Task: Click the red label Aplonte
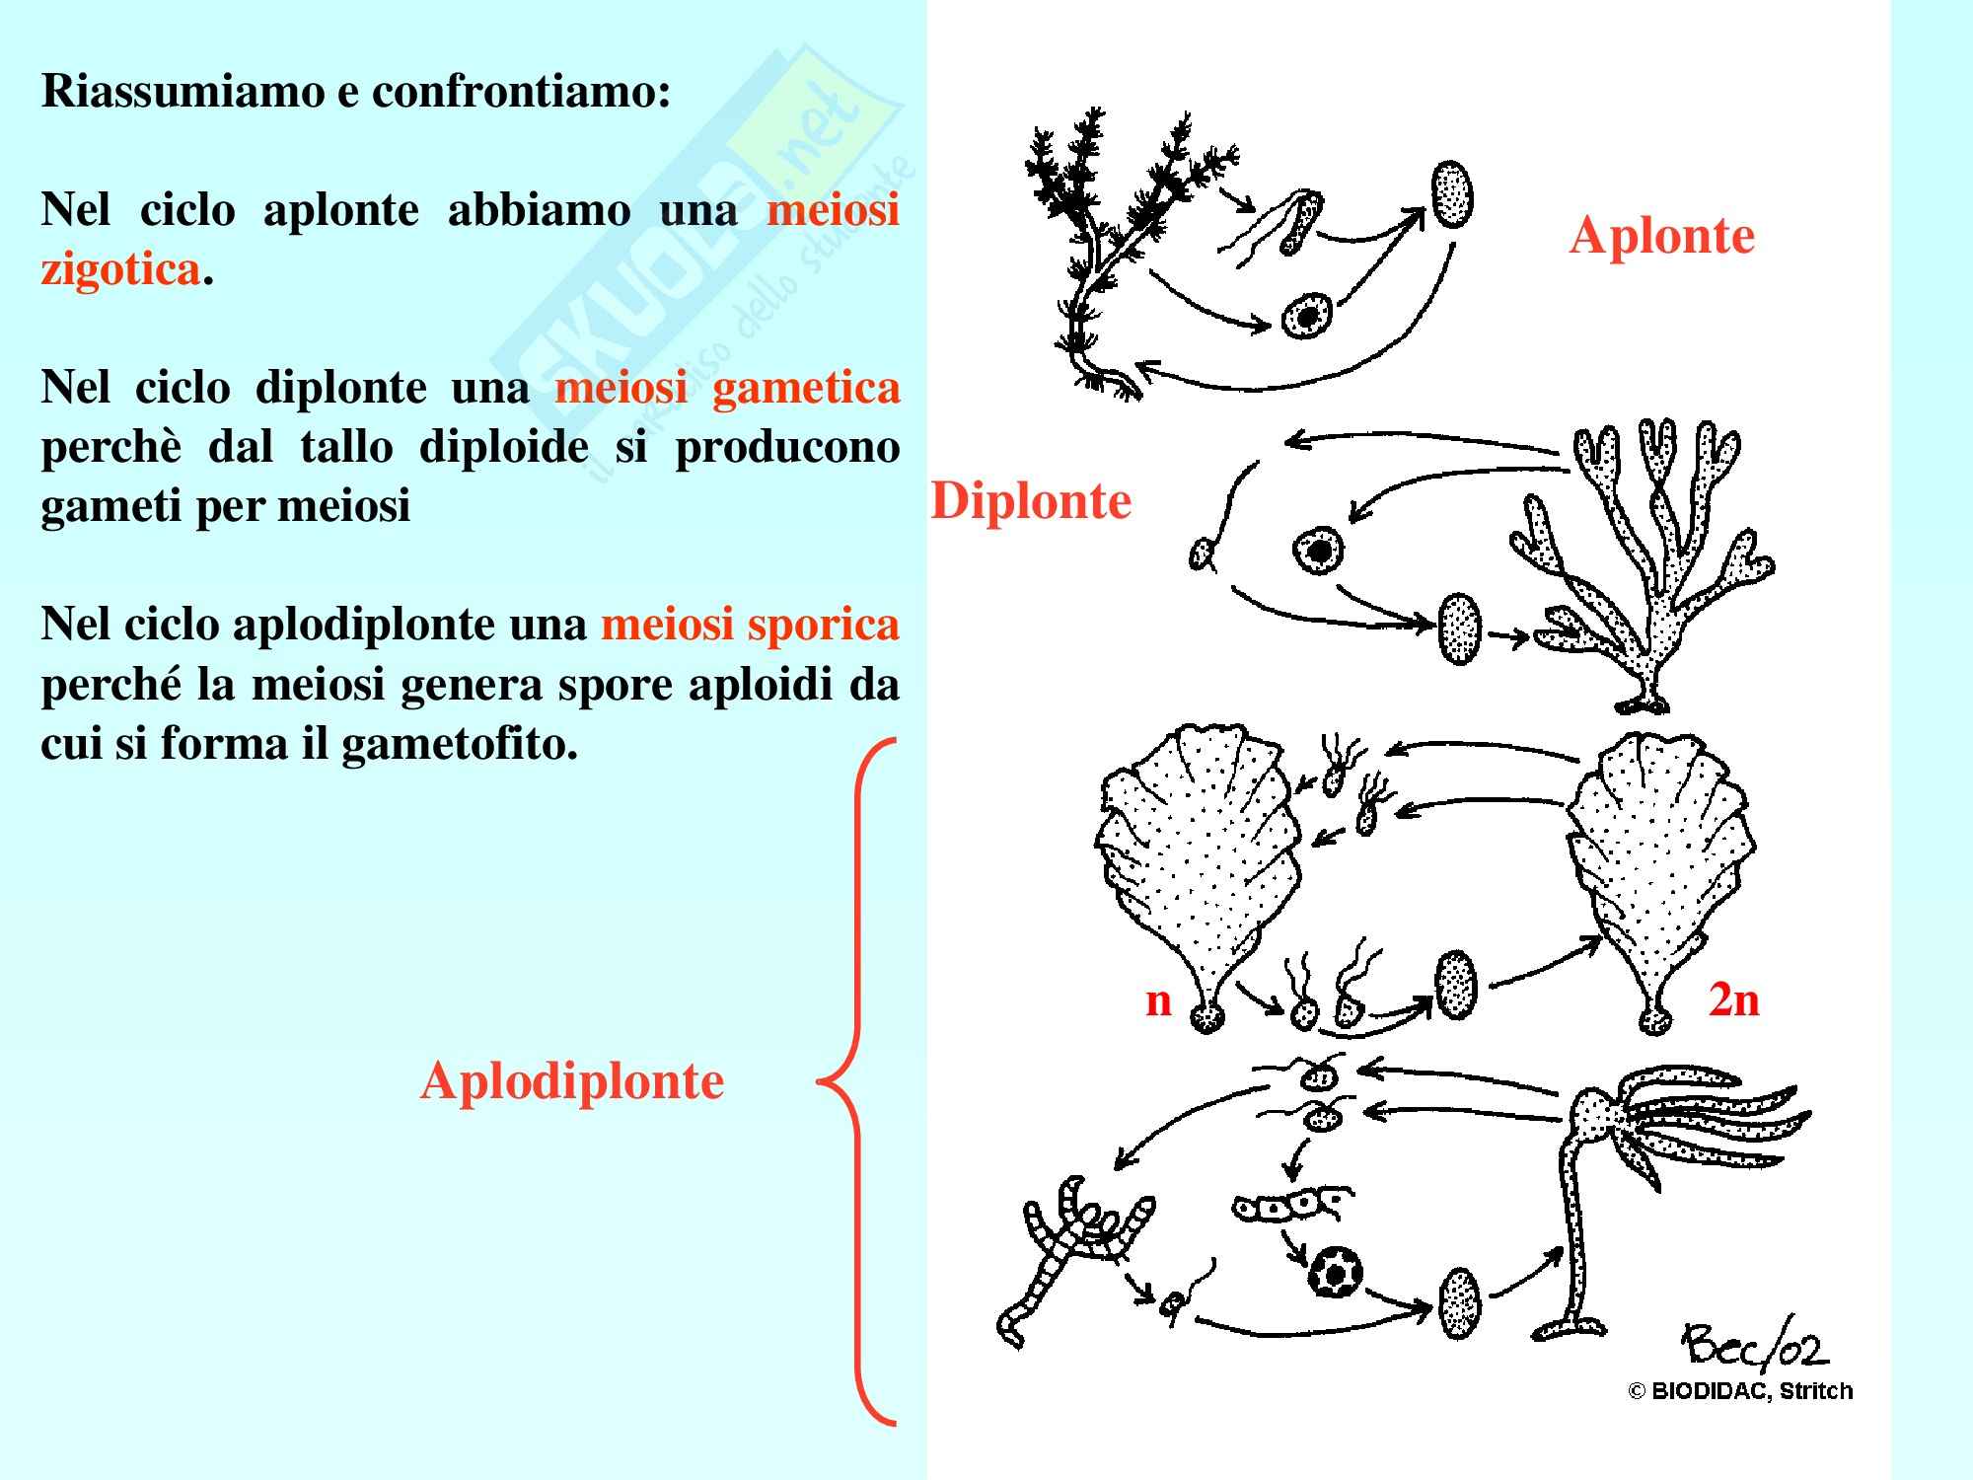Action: pos(1661,236)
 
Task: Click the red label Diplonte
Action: pos(1031,501)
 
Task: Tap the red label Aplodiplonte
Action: pos(572,1081)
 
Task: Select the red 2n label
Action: pos(1733,1000)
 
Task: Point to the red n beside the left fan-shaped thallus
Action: pos(1158,1000)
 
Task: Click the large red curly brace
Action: pos(856,1080)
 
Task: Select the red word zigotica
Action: pos(120,268)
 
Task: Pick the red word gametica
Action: pos(805,387)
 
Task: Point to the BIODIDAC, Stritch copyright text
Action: pos(1740,1392)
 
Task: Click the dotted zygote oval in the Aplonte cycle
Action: pos(1452,195)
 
